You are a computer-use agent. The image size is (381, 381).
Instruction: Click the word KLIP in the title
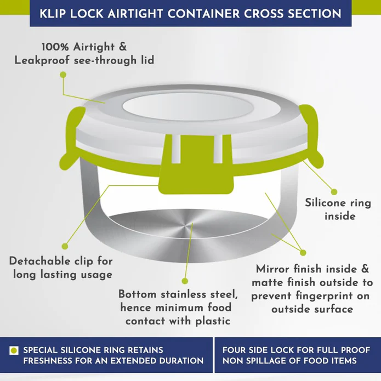[53, 14]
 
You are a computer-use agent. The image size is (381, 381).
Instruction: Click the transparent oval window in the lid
[188, 107]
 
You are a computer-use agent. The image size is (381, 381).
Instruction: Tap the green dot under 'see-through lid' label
[63, 75]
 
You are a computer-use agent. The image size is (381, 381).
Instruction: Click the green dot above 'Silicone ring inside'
[334, 192]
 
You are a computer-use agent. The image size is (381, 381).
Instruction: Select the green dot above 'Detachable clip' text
[65, 246]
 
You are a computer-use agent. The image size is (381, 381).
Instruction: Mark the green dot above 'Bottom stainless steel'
[185, 281]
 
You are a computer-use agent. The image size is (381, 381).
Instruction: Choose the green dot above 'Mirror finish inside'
[303, 253]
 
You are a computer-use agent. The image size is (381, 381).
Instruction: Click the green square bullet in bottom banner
[14, 351]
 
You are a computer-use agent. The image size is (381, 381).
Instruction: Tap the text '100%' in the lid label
[55, 47]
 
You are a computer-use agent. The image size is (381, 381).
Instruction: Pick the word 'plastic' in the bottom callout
[213, 321]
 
